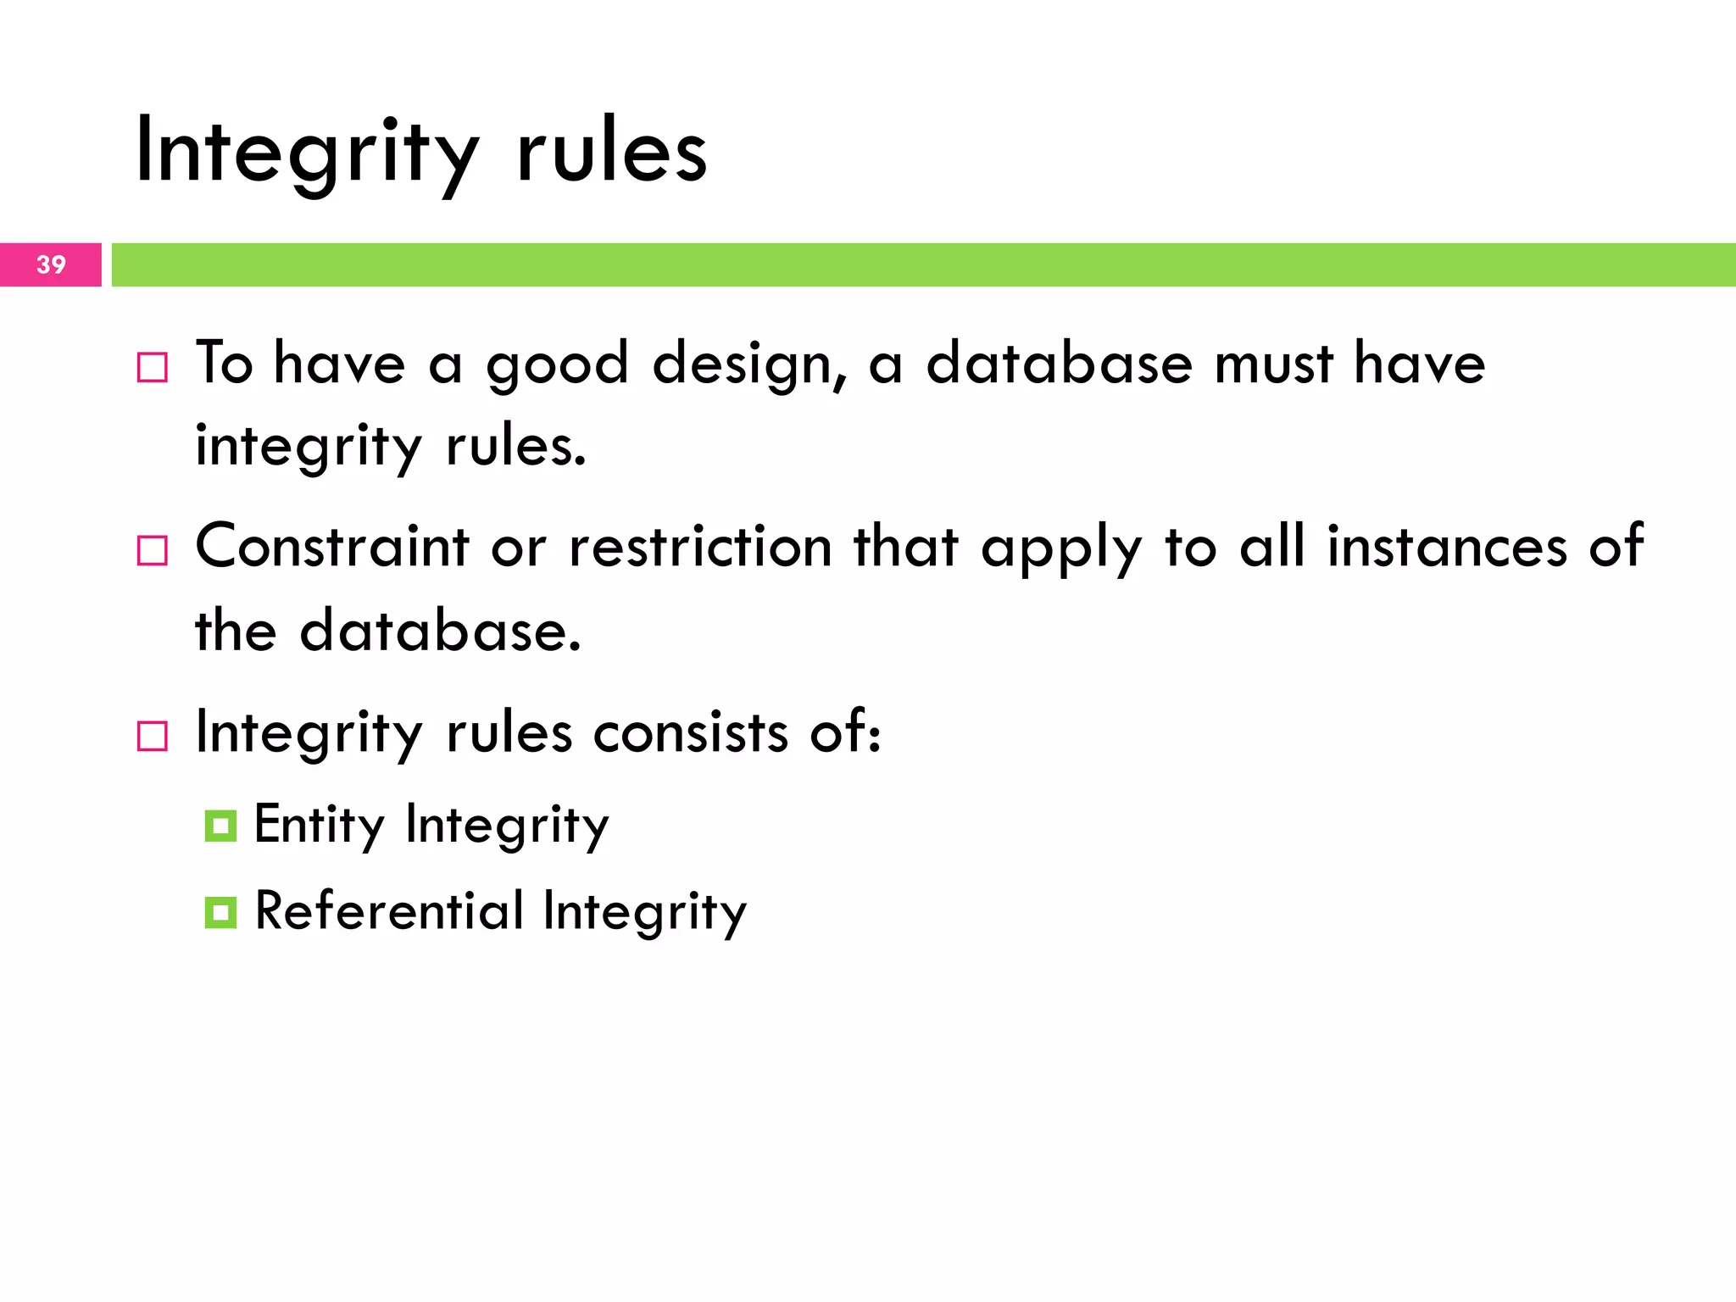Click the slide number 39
click(51, 264)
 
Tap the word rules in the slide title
click(611, 153)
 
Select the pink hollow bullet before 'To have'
click(153, 368)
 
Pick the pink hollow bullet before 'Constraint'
click(153, 551)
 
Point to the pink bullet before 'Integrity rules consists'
click(153, 736)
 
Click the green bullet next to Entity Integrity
click(220, 826)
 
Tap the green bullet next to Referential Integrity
click(220, 913)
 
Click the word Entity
click(320, 825)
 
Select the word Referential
click(389, 911)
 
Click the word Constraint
click(331, 547)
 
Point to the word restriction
click(700, 547)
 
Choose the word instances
click(1447, 547)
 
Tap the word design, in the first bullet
click(750, 364)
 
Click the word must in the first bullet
click(1274, 364)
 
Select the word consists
click(691, 732)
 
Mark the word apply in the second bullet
click(1061, 549)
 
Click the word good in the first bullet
click(557, 364)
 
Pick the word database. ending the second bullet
click(441, 632)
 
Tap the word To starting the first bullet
click(225, 363)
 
